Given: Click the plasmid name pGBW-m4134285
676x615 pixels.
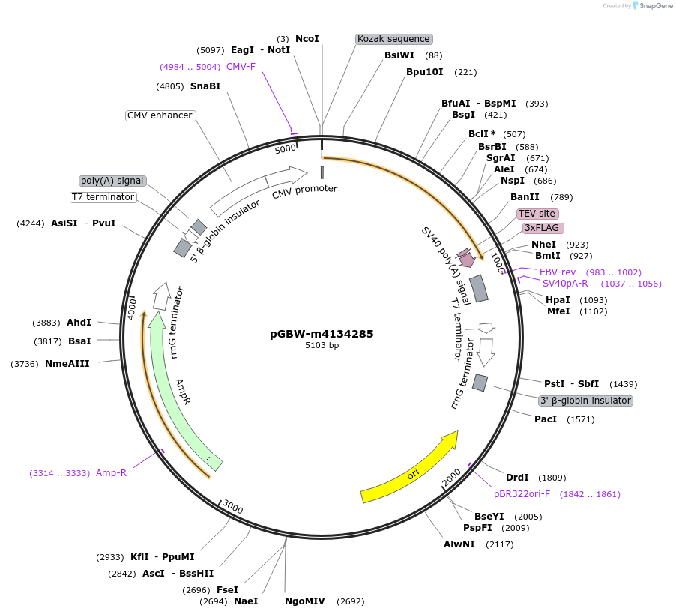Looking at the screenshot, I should coord(322,334).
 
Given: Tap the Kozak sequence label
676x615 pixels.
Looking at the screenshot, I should coord(393,39).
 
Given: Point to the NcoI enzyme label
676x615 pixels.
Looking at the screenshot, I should coord(307,38).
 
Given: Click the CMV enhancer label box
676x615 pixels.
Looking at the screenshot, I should coord(160,115).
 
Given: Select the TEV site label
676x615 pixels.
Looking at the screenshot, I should coord(537,214).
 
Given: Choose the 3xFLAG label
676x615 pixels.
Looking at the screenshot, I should coord(543,228).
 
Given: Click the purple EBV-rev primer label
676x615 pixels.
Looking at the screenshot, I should coord(558,271).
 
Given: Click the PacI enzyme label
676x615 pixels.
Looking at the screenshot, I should coord(546,419).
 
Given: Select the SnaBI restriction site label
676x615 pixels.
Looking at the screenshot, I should coord(205,86).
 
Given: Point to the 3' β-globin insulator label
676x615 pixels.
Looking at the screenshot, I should coord(585,400).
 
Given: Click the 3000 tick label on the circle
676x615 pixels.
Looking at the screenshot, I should coord(233,508).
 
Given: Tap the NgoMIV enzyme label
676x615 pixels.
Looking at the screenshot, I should coord(305,601).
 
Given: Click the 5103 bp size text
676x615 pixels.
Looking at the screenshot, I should coord(322,346).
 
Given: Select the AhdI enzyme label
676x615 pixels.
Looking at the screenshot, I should coord(79,322).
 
